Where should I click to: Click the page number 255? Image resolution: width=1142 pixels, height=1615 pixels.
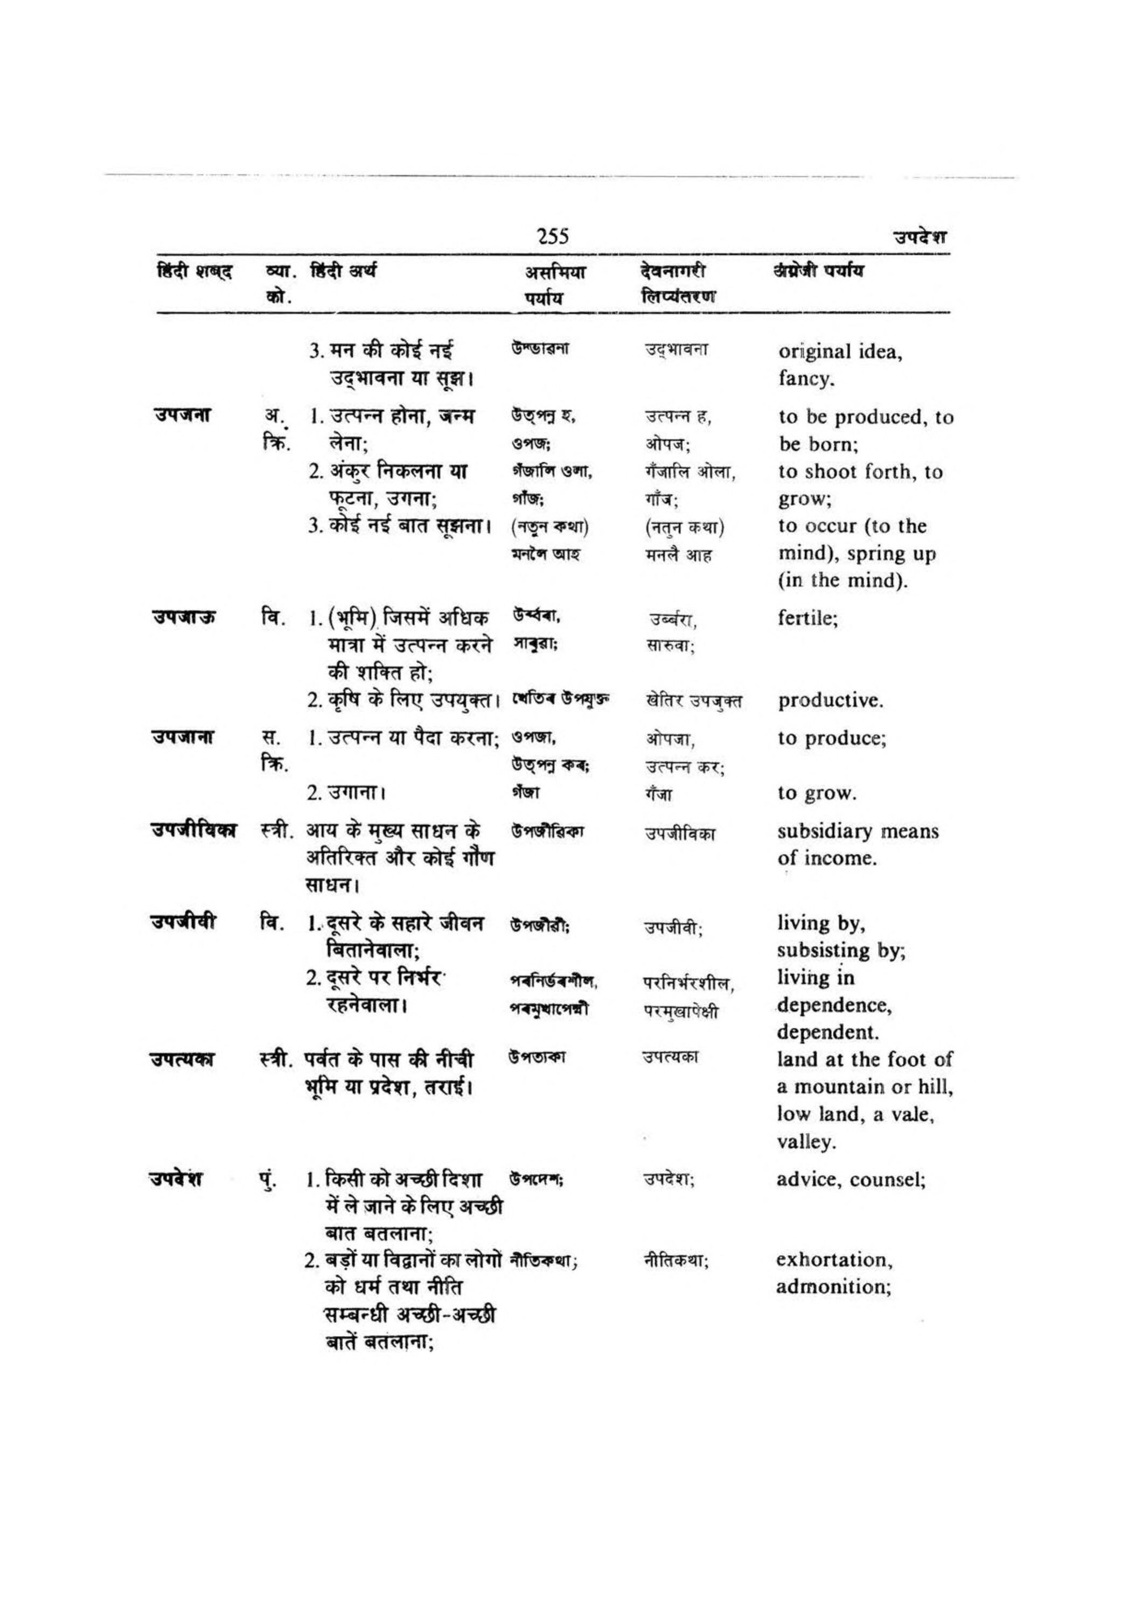click(552, 236)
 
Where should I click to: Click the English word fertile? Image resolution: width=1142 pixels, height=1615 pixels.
click(807, 619)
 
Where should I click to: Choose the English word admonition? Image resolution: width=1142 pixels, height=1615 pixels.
click(833, 1287)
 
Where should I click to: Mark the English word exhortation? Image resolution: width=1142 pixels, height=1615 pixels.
click(834, 1260)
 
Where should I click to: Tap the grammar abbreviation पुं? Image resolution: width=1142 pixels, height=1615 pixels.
click(268, 1179)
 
